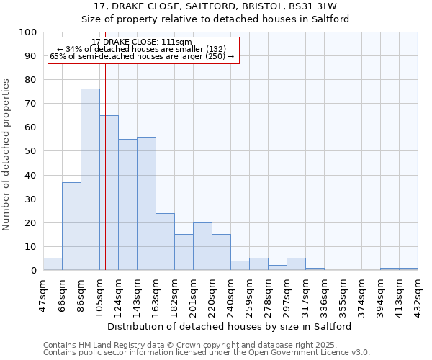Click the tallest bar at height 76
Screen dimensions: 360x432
[90, 179]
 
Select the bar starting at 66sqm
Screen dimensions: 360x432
[71, 226]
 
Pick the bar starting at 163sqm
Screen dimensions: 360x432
[165, 241]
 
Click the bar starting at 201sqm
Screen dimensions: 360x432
[202, 246]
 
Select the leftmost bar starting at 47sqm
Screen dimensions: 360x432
[53, 264]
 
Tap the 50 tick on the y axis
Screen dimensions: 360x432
[31, 151]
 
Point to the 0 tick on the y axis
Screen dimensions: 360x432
[34, 271]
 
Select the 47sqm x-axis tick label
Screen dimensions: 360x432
[43, 292]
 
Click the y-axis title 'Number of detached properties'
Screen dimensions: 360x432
[7, 155]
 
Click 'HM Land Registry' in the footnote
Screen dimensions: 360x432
[102, 345]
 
